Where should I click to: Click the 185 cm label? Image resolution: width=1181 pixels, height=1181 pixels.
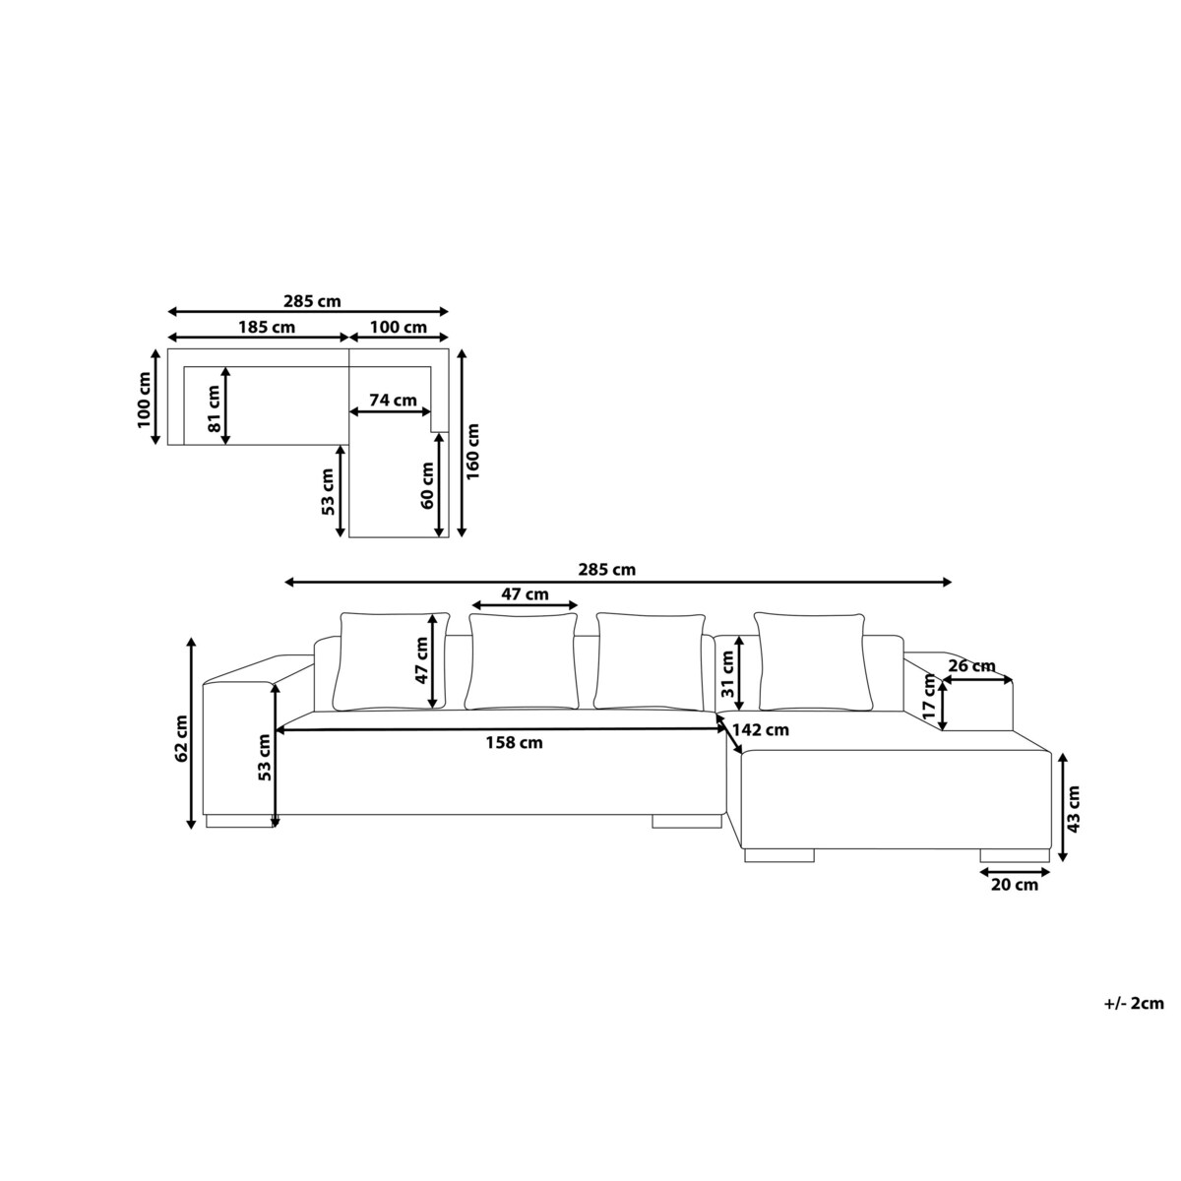(x=267, y=328)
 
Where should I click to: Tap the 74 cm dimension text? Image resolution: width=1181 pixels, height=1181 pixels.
(x=393, y=401)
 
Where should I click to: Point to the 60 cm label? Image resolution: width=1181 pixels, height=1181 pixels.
(x=427, y=485)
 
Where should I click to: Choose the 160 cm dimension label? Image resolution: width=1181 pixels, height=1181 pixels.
(x=473, y=452)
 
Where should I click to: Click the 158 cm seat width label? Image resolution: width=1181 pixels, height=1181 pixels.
(x=514, y=743)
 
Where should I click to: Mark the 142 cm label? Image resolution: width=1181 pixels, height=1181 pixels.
(x=761, y=730)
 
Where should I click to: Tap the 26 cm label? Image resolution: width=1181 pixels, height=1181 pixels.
(x=972, y=665)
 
